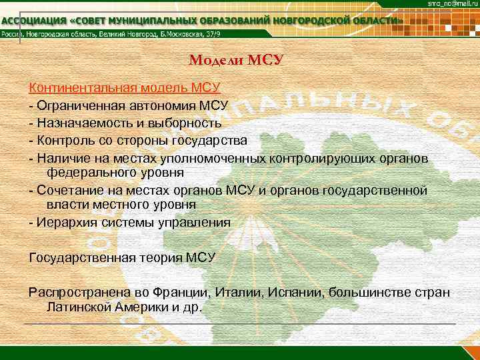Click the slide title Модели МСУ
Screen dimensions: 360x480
pyautogui.click(x=237, y=61)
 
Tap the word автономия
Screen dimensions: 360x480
pyautogui.click(x=161, y=105)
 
